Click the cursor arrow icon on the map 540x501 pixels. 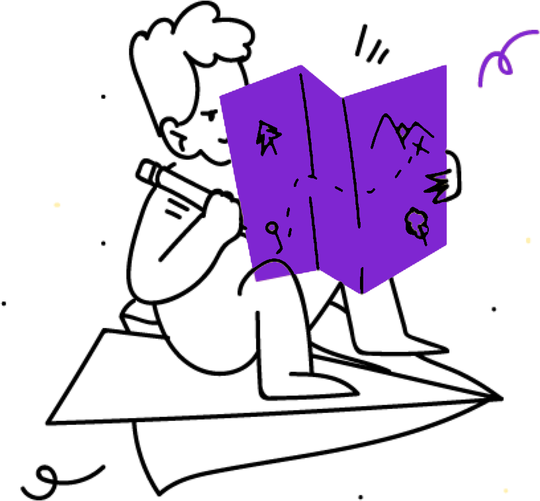tap(267, 137)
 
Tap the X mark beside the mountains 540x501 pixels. tap(420, 146)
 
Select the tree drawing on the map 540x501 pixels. tap(416, 223)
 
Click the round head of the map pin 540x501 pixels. tap(271, 228)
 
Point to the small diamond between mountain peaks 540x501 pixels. tap(402, 132)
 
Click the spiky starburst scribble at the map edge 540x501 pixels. tap(438, 186)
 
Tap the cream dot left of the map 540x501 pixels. tap(57, 205)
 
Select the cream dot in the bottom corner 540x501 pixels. tap(506, 491)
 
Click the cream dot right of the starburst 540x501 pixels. tap(528, 240)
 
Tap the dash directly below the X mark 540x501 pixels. tap(410, 160)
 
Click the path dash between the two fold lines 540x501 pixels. tap(339, 189)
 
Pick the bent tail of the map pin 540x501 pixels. tap(280, 248)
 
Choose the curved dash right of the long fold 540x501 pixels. tap(371, 191)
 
